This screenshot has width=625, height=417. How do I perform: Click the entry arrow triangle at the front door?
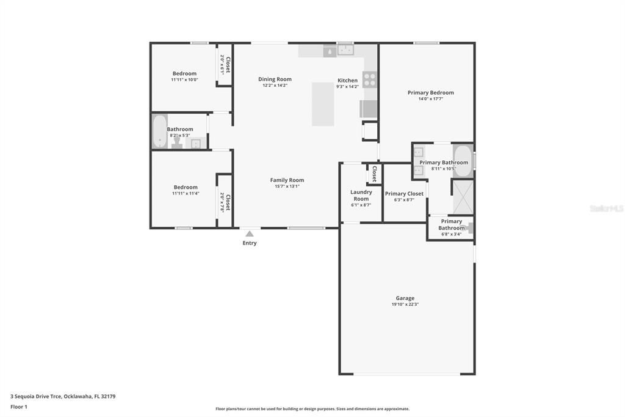[x=249, y=233]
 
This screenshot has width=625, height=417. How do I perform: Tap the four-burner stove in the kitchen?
[x=369, y=79]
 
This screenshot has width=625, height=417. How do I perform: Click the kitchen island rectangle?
[x=323, y=104]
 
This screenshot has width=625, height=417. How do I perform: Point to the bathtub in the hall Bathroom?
[x=159, y=131]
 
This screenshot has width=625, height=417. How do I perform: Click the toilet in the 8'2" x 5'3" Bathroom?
[x=177, y=142]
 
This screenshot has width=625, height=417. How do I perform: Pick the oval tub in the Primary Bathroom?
[x=462, y=161]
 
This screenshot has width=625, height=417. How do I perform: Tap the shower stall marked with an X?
[x=462, y=196]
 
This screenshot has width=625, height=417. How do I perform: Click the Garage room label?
[x=405, y=298]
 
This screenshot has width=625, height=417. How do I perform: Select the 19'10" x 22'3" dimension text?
[x=405, y=304]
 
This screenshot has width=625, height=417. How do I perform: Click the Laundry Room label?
[x=361, y=196]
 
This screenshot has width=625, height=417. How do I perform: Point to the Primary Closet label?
[x=404, y=194]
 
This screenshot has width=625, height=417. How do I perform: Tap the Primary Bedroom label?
[x=430, y=93]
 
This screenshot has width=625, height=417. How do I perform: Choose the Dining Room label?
[x=275, y=79]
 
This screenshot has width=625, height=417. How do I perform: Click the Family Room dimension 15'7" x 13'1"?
[x=287, y=186]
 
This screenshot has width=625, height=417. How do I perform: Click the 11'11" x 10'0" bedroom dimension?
[x=184, y=79]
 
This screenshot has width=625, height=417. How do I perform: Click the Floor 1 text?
[x=19, y=407]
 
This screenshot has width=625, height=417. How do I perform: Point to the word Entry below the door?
[x=250, y=243]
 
